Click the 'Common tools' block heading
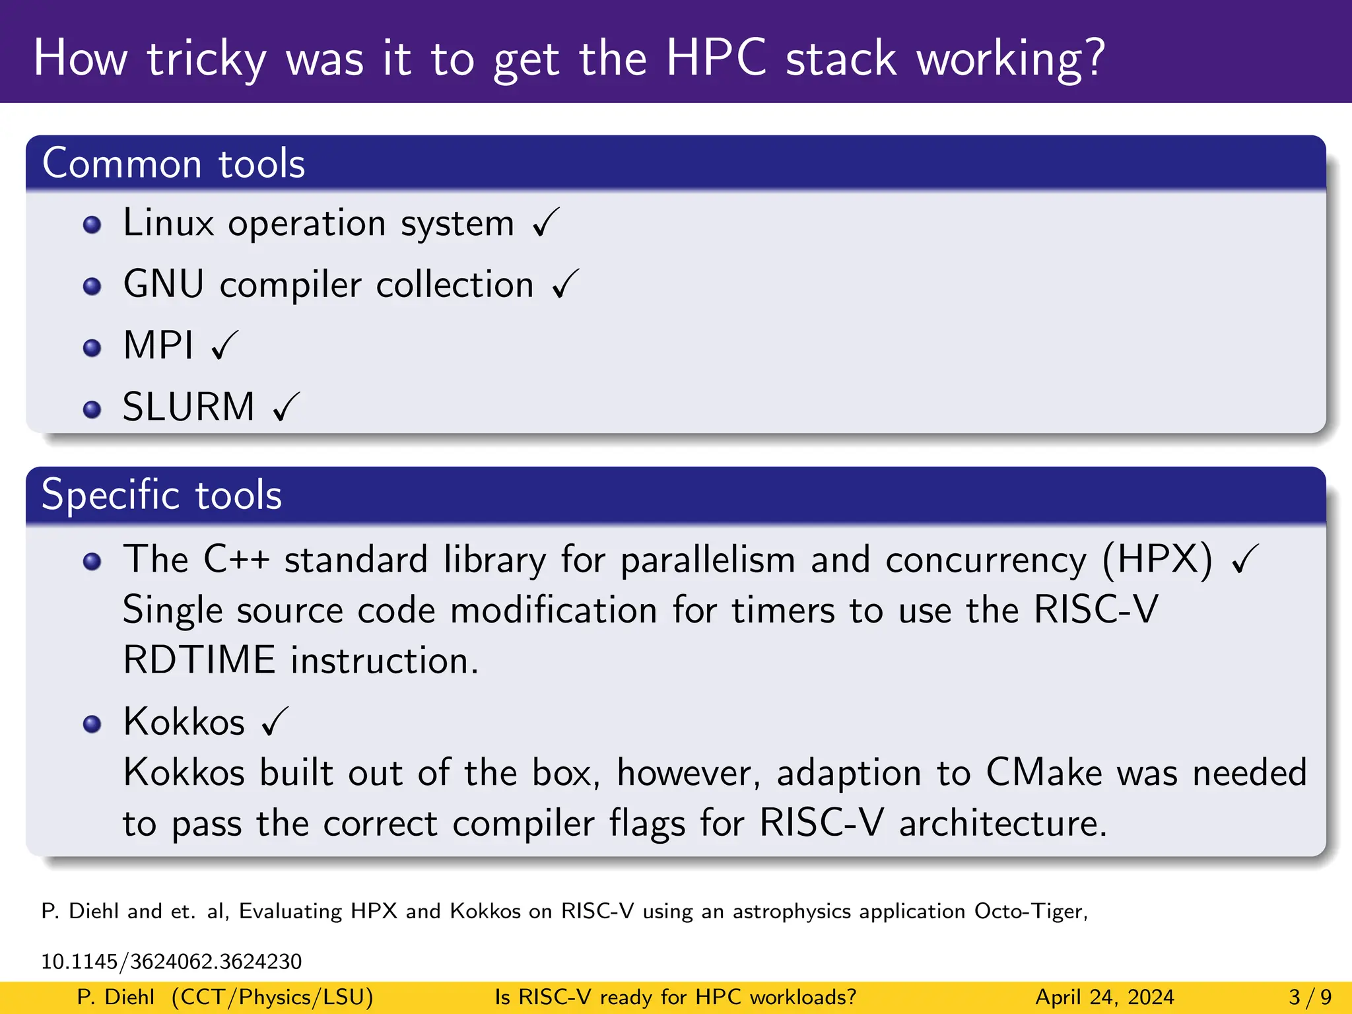tap(174, 164)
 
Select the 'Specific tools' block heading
tap(162, 495)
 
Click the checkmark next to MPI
tap(224, 345)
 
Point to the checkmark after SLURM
tap(287, 407)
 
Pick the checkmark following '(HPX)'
tap(1245, 559)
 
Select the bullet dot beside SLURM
tap(92, 409)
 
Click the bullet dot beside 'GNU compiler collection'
tap(92, 287)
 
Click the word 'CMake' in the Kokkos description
tap(1044, 772)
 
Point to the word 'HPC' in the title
tap(716, 58)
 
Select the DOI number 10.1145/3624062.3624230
tap(172, 961)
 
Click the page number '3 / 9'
tap(1310, 997)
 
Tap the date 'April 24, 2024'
tap(1104, 997)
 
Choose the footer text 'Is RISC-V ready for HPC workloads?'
tap(675, 997)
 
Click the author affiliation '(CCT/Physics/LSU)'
tap(272, 997)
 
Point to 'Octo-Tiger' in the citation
tap(1031, 911)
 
